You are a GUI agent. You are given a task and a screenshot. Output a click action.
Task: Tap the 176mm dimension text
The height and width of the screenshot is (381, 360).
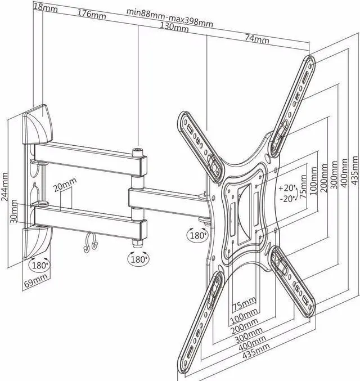[x=92, y=14]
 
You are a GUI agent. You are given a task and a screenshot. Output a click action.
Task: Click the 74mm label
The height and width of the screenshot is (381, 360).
[x=256, y=39]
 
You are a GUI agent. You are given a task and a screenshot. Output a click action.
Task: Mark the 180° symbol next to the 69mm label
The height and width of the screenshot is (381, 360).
[x=39, y=265]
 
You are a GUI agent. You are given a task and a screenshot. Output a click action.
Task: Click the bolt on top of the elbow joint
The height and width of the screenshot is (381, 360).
[x=138, y=150]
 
